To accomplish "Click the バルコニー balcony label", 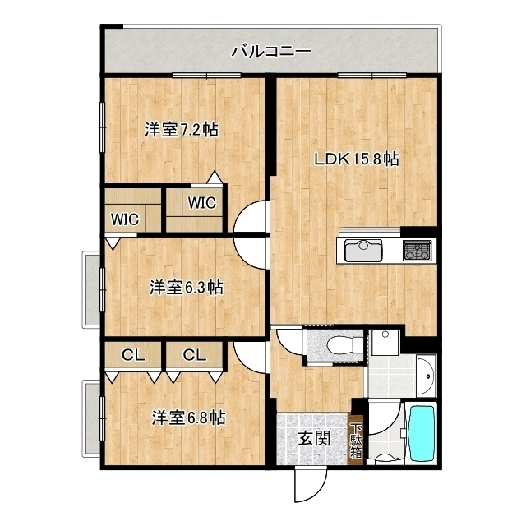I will point(270,52).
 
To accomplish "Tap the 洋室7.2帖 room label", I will point(182,129).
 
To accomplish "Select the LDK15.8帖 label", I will point(358,159).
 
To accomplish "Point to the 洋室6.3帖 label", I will point(186,288).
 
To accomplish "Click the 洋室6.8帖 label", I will point(188,418).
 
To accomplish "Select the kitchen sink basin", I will point(361,250).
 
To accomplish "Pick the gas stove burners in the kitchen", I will point(417,250).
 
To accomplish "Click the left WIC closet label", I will point(125,219).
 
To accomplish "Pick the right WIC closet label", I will point(201,202).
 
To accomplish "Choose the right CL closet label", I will point(194,355).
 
